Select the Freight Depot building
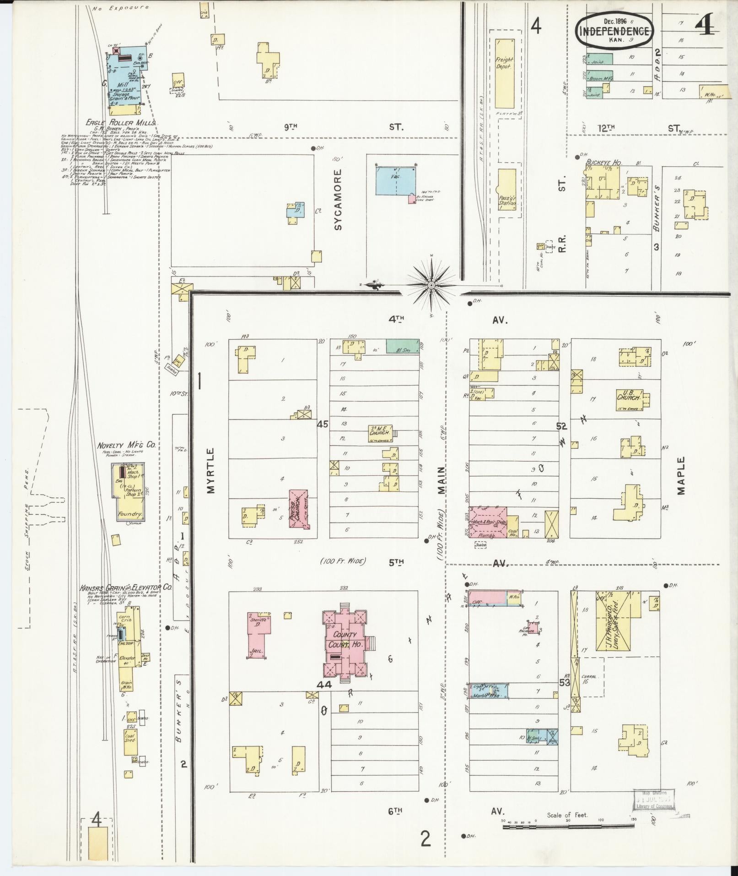505,73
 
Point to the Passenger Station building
507,190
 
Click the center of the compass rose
431,285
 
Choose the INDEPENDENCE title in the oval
614,31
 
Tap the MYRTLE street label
210,470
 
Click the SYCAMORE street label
338,199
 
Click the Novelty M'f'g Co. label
126,445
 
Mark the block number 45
323,424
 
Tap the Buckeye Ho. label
600,162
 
